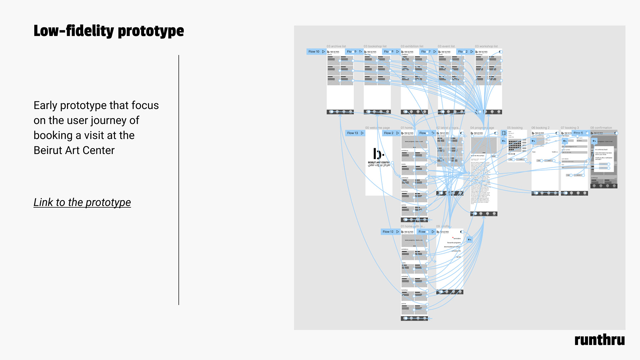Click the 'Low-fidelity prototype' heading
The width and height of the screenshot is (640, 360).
pyautogui.click(x=109, y=31)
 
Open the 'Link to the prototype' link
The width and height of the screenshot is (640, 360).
pyautogui.click(x=82, y=202)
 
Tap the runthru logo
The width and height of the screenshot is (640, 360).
pyautogui.click(x=599, y=340)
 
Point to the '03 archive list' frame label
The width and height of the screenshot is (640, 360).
pyautogui.click(x=336, y=46)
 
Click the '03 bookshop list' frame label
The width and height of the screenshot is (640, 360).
pyautogui.click(x=375, y=46)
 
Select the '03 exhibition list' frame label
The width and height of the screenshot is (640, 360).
pyautogui.click(x=412, y=46)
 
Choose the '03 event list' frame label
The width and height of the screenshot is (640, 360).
pyautogui.click(x=446, y=46)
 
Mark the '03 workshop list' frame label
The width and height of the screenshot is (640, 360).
pyautogui.click(x=486, y=46)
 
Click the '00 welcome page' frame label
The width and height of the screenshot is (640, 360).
pyautogui.click(x=377, y=128)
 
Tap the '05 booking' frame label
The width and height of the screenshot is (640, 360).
pyautogui.click(x=515, y=128)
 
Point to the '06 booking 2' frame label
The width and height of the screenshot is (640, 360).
pyautogui.click(x=540, y=128)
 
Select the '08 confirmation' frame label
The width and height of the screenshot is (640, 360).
pyautogui.click(x=601, y=128)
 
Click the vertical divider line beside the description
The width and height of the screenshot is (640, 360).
pyautogui.click(x=179, y=180)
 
